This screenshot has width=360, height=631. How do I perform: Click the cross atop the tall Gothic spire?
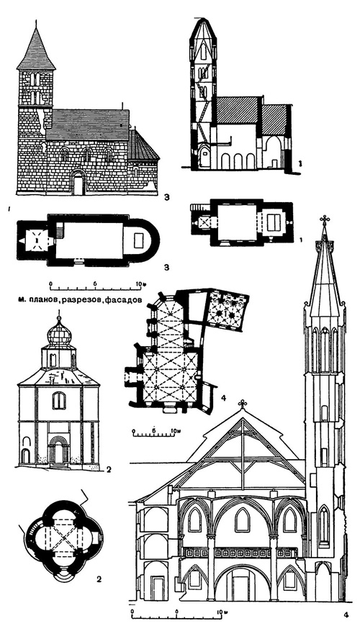tap(325, 219)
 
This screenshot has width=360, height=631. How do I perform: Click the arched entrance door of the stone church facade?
tap(78, 183)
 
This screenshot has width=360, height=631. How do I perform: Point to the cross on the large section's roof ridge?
tap(243, 404)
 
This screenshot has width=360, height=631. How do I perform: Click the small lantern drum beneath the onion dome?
tap(57, 356)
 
